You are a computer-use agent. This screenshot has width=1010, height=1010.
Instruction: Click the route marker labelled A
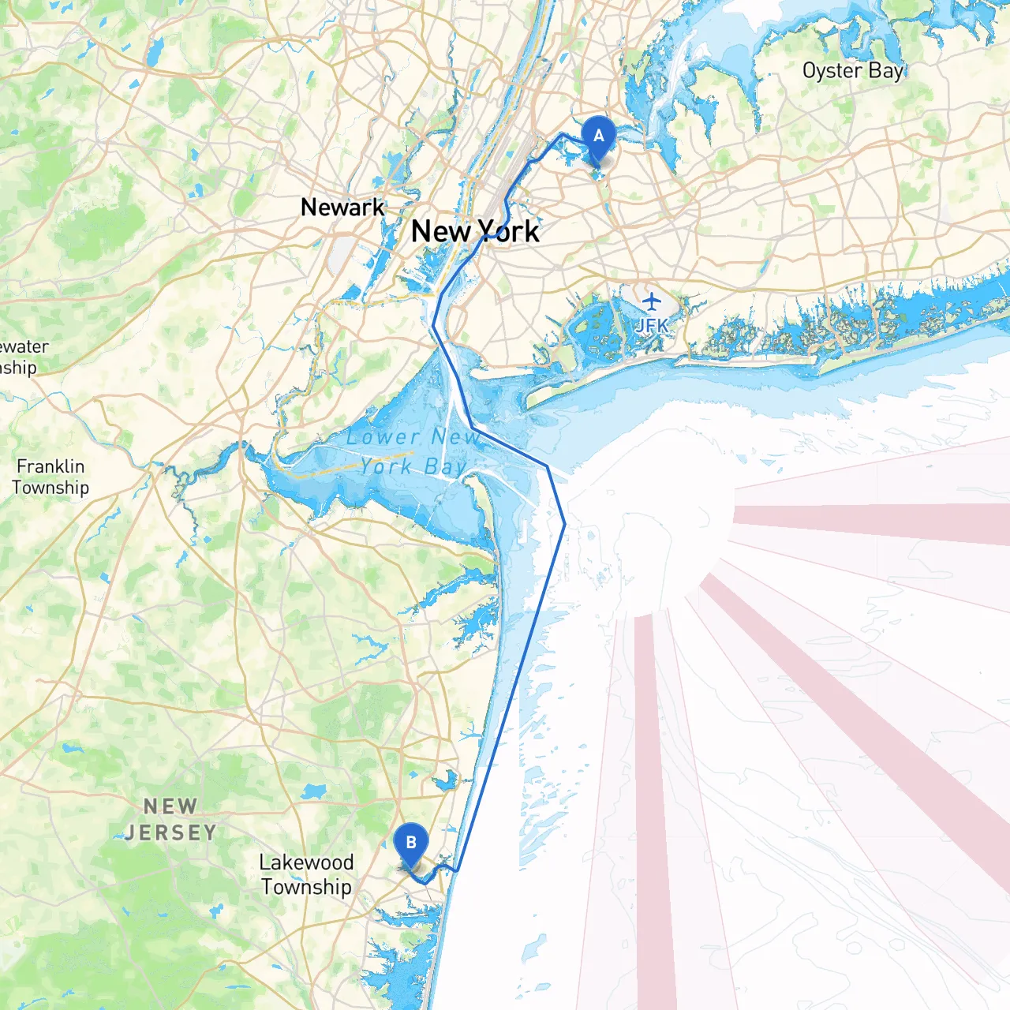(x=598, y=137)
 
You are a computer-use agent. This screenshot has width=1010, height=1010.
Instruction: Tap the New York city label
(x=475, y=232)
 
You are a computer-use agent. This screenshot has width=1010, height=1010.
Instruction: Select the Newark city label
(x=342, y=208)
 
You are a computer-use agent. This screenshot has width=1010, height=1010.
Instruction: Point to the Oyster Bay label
(x=852, y=71)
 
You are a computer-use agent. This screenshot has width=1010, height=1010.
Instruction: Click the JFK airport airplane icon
(x=652, y=301)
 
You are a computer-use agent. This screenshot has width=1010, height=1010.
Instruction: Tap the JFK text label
(x=652, y=324)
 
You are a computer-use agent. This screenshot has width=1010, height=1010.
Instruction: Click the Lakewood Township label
(x=306, y=874)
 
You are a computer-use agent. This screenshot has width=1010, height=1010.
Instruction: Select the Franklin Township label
(x=50, y=477)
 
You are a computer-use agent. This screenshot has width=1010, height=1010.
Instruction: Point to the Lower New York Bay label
(x=412, y=451)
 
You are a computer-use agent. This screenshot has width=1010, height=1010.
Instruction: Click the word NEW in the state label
(x=170, y=806)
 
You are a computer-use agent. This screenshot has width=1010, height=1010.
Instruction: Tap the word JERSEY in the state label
(x=170, y=832)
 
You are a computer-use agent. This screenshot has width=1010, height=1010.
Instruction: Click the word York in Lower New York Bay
(x=386, y=466)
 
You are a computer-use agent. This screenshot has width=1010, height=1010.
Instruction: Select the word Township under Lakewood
(x=306, y=887)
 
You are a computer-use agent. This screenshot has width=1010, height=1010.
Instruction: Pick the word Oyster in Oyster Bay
(x=832, y=71)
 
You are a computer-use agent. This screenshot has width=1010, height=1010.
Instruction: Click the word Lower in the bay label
(x=383, y=436)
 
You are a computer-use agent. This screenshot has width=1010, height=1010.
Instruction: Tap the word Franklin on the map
(x=50, y=466)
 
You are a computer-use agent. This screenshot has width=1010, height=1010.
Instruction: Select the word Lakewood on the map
(x=306, y=862)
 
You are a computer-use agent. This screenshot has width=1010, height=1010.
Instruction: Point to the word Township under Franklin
(x=50, y=488)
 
